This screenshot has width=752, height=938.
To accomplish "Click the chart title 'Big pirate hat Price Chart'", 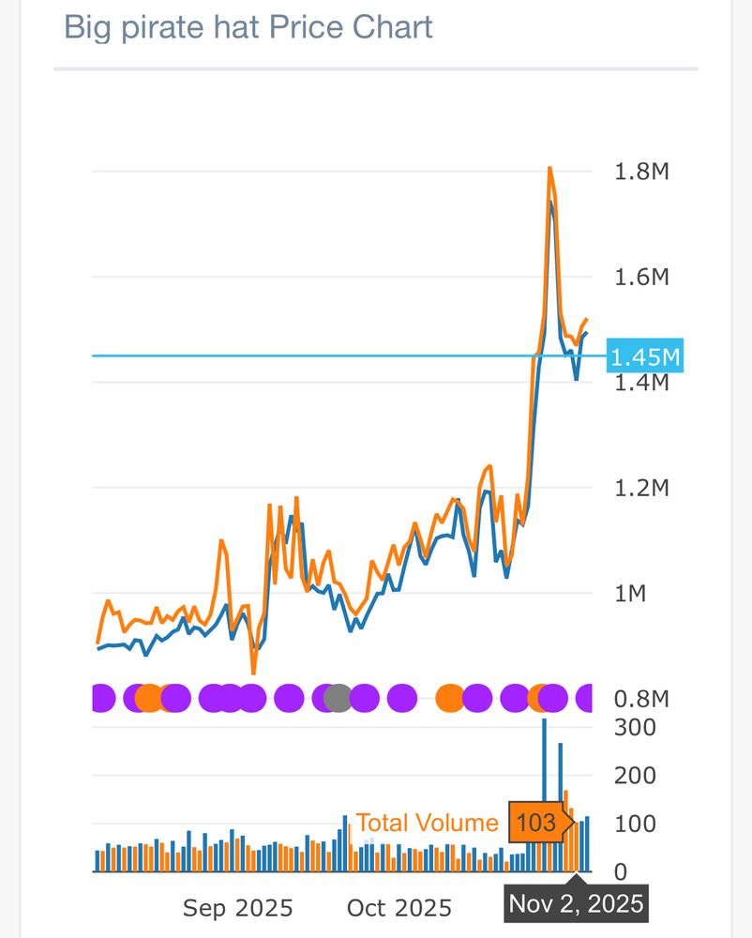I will pos(248,27).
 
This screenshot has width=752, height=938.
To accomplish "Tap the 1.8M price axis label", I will pos(642,172).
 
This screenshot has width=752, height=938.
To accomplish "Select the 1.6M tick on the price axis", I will pos(642,277).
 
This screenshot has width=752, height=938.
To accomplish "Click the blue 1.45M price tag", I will pos(645,356).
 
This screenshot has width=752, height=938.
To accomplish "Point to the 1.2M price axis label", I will pos(642,488).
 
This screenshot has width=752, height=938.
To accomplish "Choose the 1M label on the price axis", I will pos(630,593).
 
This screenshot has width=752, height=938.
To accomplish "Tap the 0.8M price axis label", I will pos(642,699).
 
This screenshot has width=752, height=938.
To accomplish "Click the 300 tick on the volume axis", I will pos(635,727).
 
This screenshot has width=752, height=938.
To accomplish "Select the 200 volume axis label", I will pos(635,776).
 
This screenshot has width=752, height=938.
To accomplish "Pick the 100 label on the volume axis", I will pos(635,824).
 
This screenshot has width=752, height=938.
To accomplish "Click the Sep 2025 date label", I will pos(237,908).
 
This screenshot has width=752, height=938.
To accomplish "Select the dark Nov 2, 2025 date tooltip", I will pos(576,903).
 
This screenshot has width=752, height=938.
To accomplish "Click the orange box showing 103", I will pos(537,823).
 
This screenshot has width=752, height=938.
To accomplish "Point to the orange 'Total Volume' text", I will pos(427,823).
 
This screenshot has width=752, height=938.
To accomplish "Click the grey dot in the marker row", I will pos(338,698).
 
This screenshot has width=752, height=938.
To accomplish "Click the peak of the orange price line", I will pos(549,168).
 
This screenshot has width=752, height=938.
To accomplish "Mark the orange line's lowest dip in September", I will pos(253,672).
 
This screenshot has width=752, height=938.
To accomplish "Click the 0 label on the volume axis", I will pos(621,872).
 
